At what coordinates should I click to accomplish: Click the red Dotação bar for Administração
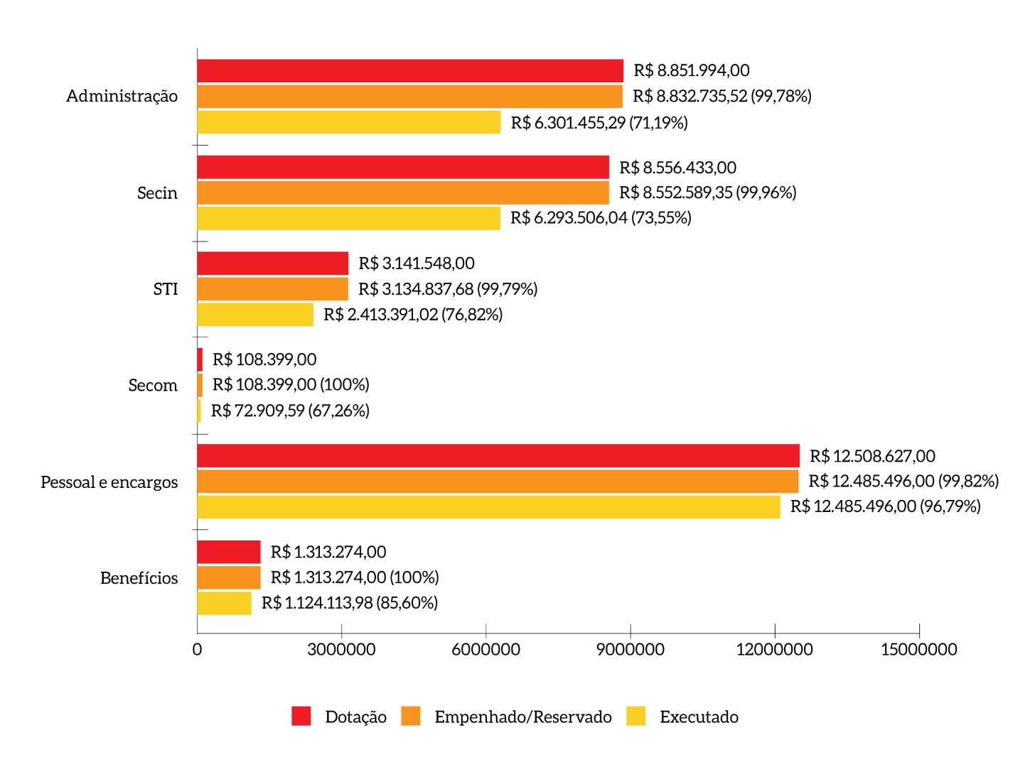[x=410, y=71]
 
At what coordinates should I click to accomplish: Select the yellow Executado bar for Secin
[x=348, y=218]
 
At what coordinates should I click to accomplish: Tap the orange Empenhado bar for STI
[x=272, y=289]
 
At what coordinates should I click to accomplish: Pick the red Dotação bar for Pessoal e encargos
[x=498, y=456]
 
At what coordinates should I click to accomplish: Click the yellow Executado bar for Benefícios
[x=224, y=603]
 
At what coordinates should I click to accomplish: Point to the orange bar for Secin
[x=403, y=192]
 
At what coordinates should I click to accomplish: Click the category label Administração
[x=122, y=96]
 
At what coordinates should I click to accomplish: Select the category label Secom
[x=153, y=386]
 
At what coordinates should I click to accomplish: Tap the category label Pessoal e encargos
[x=109, y=482]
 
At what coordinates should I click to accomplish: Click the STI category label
[x=166, y=289]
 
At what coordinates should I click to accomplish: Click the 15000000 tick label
[x=918, y=649]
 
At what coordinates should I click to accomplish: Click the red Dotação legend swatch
[x=301, y=717]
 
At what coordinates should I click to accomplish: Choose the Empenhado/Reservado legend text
[x=523, y=717]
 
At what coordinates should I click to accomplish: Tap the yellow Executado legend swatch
[x=636, y=717]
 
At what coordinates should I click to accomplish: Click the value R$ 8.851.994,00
[x=692, y=70]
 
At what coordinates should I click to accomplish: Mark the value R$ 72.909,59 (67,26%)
[x=290, y=410]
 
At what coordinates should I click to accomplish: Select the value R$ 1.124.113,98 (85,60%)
[x=350, y=603]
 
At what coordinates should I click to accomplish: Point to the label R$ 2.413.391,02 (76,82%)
[x=413, y=315]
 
